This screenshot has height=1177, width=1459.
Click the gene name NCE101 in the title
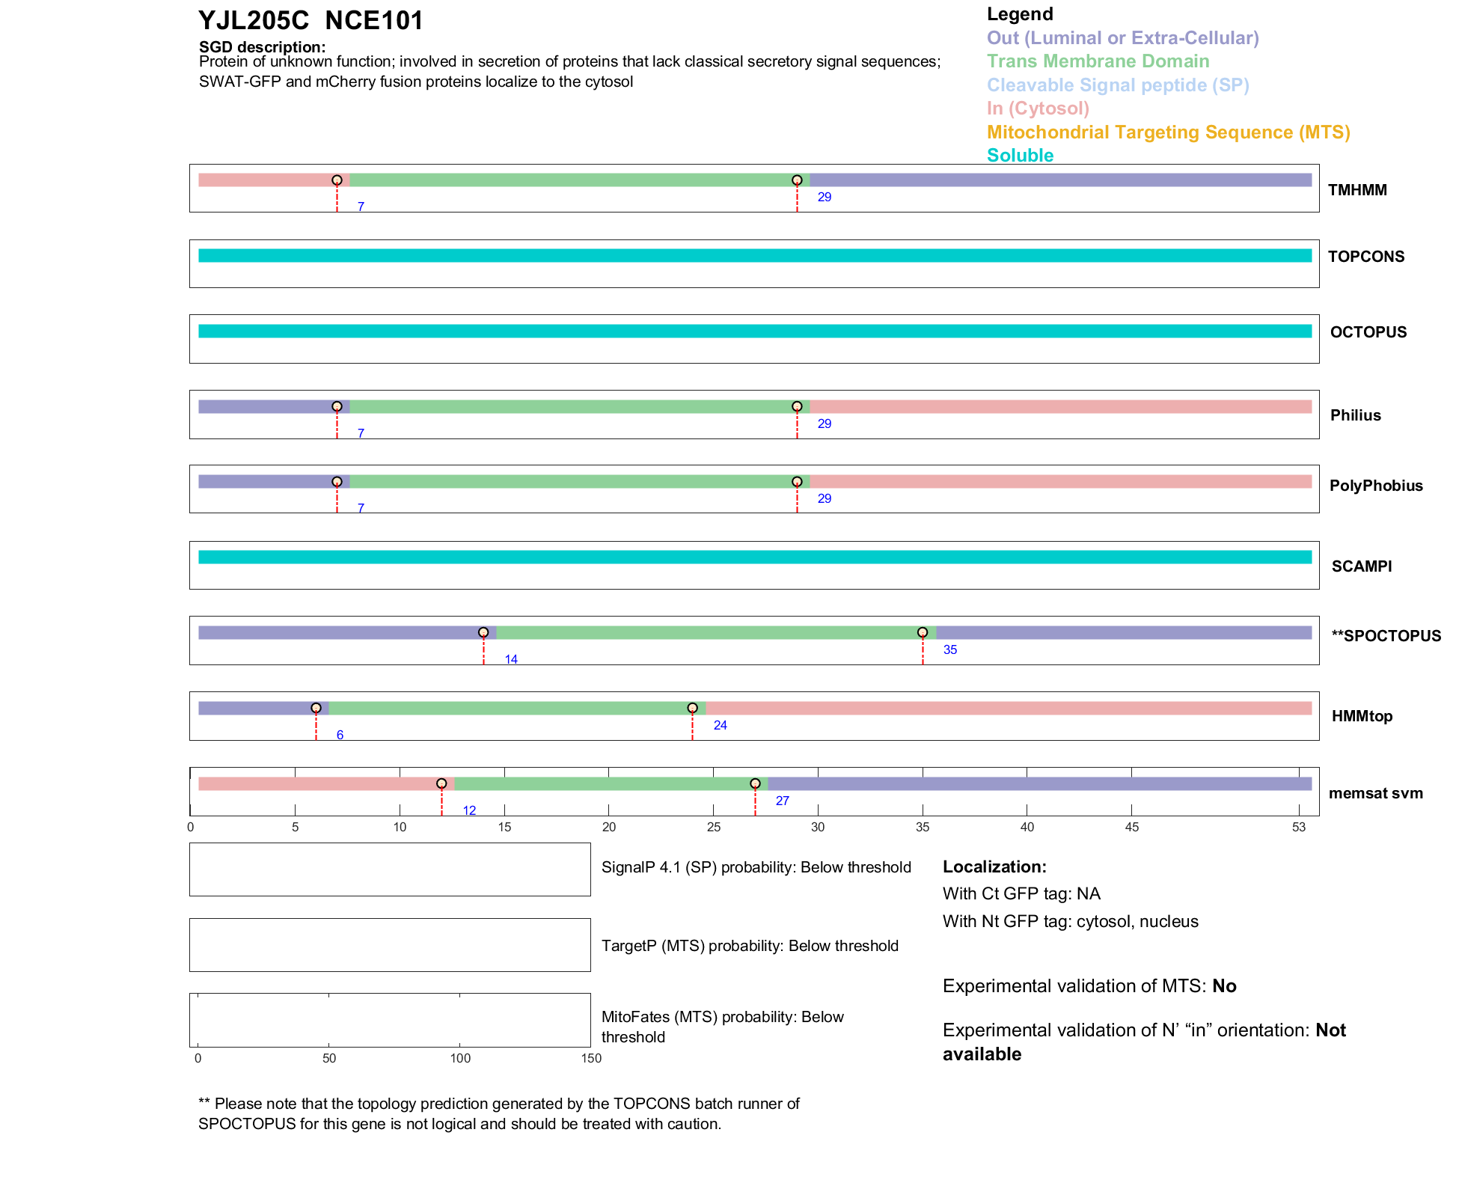pos(374,21)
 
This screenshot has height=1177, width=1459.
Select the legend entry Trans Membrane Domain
pos(1098,61)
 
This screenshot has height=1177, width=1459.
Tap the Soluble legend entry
pos(1020,156)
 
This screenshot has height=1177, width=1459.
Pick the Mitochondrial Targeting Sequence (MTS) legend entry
pos(1168,132)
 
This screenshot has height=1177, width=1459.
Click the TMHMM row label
pos(1357,190)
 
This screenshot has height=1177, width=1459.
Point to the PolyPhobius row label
pos(1375,486)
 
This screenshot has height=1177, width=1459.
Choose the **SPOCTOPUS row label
pos(1386,636)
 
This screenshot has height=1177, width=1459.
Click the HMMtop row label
pos(1362,716)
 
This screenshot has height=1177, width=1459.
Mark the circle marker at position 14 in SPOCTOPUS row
pos(483,633)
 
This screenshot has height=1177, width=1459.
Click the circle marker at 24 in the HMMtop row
pos(692,708)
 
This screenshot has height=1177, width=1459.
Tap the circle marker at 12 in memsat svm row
pos(441,783)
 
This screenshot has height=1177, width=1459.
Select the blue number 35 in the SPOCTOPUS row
pos(949,649)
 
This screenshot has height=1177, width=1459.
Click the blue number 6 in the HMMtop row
pos(340,735)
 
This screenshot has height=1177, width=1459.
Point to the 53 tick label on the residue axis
pos(1298,827)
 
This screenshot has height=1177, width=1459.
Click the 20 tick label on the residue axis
pos(609,827)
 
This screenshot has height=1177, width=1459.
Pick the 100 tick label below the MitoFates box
pos(460,1058)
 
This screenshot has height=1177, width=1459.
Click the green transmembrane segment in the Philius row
pos(572,407)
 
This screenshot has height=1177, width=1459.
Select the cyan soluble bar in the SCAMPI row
pos(754,557)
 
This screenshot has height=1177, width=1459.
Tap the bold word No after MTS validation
pos(1224,986)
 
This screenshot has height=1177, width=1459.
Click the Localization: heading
pos(994,866)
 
